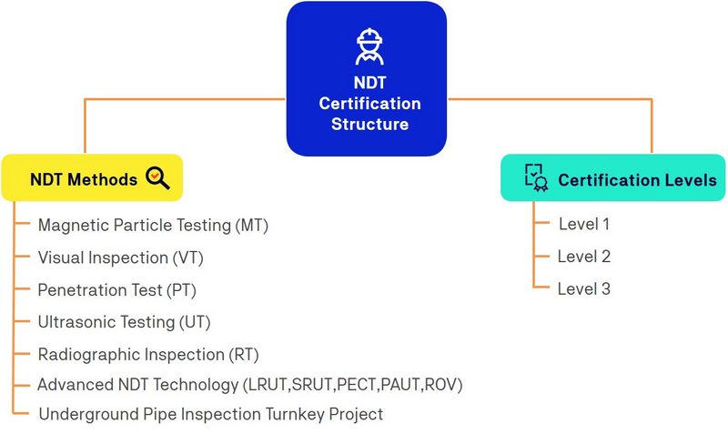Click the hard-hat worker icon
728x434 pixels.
[369, 46]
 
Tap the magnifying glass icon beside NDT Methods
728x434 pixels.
[157, 178]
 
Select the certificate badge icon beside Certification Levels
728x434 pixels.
[536, 177]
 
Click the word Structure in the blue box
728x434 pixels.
[370, 124]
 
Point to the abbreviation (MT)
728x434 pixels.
[252, 226]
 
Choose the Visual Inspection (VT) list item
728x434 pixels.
[121, 257]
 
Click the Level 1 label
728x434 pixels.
[584, 224]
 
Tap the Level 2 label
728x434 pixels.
[584, 257]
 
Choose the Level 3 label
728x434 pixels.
[584, 288]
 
